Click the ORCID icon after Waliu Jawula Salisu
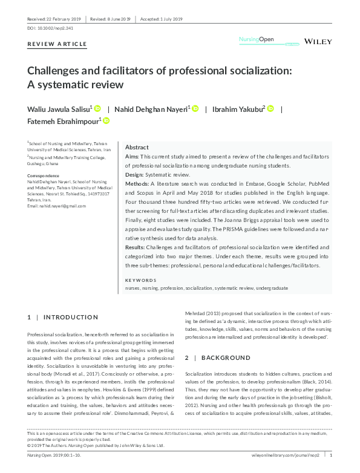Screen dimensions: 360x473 click(x=97, y=108)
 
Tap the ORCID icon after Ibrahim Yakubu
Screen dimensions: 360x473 click(x=270, y=108)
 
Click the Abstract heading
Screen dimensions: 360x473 click(x=137, y=148)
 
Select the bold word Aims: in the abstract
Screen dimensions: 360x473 click(x=132, y=157)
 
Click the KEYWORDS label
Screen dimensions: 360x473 click(x=139, y=280)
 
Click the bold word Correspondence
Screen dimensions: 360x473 click(x=43, y=175)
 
